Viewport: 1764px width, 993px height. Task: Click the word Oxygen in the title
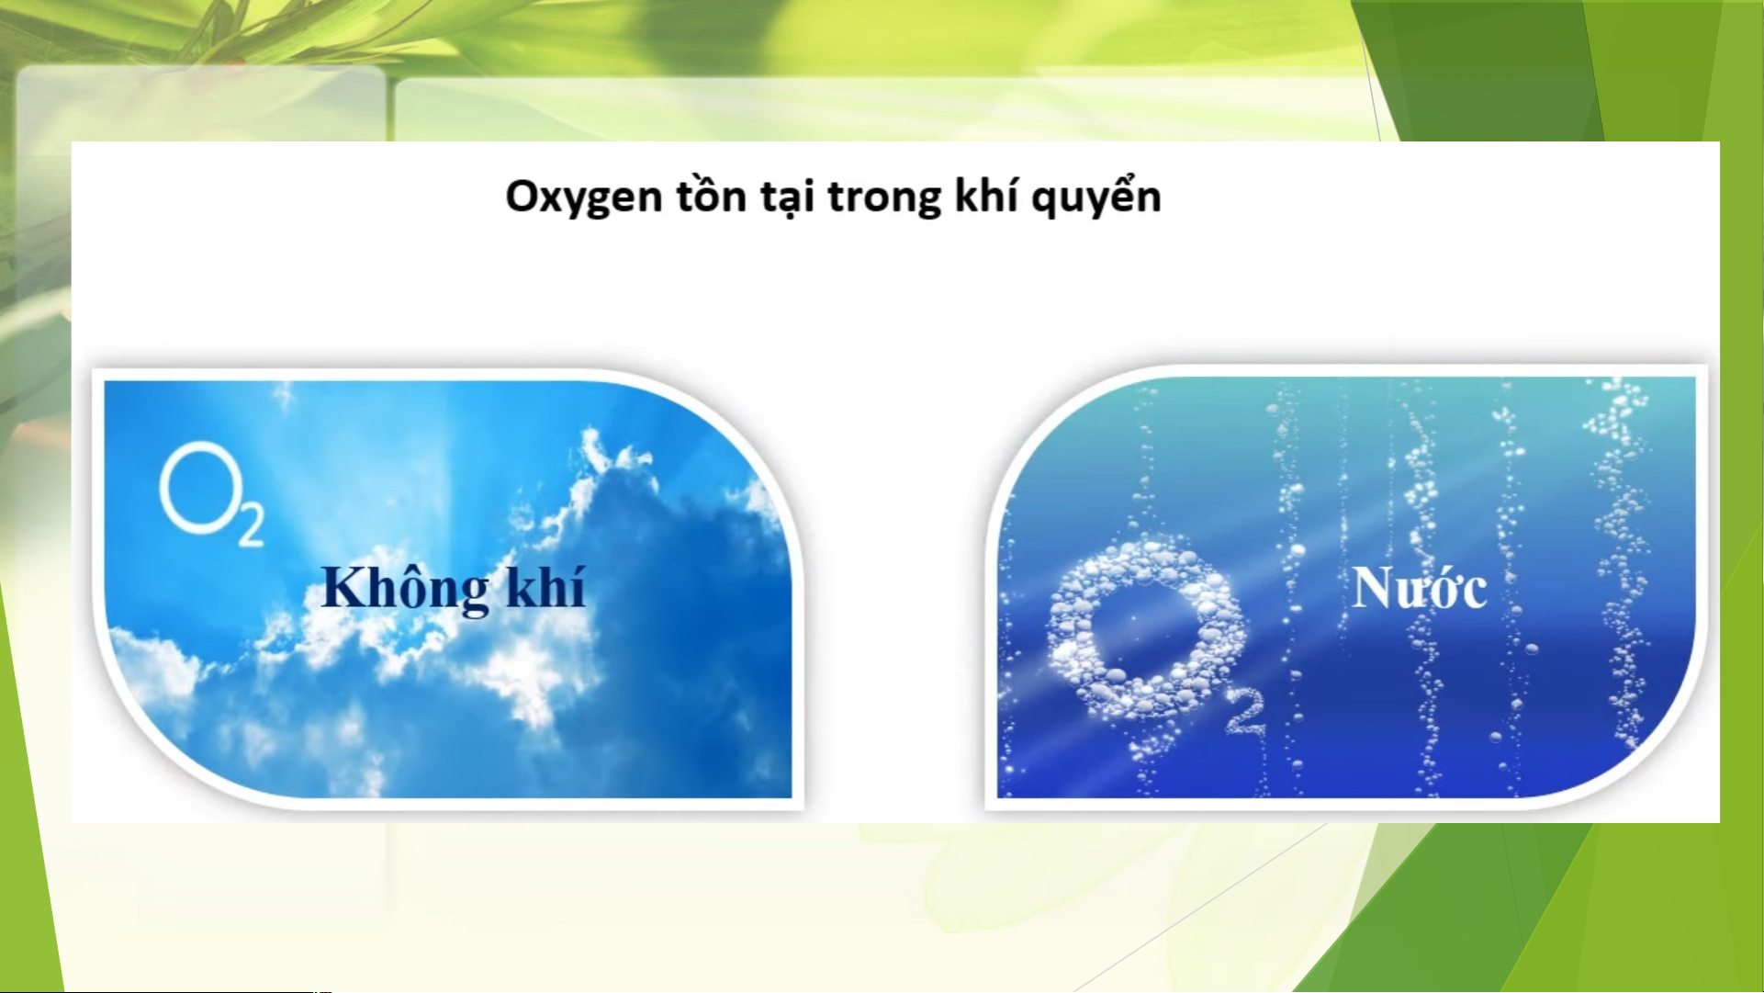583,197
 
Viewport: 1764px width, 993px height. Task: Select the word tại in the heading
789,196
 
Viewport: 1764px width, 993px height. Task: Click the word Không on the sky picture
404,588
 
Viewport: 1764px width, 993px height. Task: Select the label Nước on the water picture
1420,588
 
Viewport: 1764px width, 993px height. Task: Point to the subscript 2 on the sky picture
251,525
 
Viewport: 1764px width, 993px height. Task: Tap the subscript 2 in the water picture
1245,714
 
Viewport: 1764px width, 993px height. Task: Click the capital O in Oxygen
525,196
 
